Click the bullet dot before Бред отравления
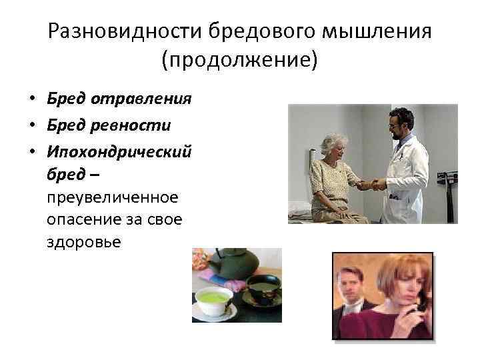pyautogui.click(x=31, y=100)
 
